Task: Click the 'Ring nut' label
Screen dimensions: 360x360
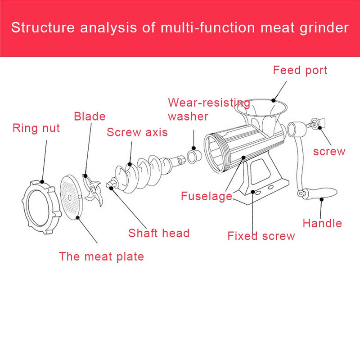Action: click(x=36, y=128)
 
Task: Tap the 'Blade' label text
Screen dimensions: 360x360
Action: click(x=90, y=116)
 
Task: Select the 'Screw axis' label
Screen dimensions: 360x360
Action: click(x=137, y=132)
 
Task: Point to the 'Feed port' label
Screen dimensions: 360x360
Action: click(x=300, y=70)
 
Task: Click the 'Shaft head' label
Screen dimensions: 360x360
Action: click(x=159, y=233)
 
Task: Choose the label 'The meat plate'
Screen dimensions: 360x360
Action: click(x=102, y=256)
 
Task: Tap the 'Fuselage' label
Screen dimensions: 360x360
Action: click(x=207, y=196)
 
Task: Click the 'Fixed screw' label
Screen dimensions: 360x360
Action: click(x=261, y=236)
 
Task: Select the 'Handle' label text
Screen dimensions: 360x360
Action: click(x=322, y=223)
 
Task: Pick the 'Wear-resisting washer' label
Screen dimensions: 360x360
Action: click(x=209, y=109)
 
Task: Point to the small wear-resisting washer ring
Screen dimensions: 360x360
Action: click(x=194, y=157)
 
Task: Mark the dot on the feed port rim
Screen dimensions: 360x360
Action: click(x=274, y=100)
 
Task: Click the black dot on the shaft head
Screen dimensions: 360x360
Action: click(x=111, y=188)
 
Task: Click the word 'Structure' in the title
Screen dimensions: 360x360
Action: click(x=43, y=27)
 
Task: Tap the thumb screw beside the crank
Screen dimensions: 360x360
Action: click(x=316, y=123)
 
